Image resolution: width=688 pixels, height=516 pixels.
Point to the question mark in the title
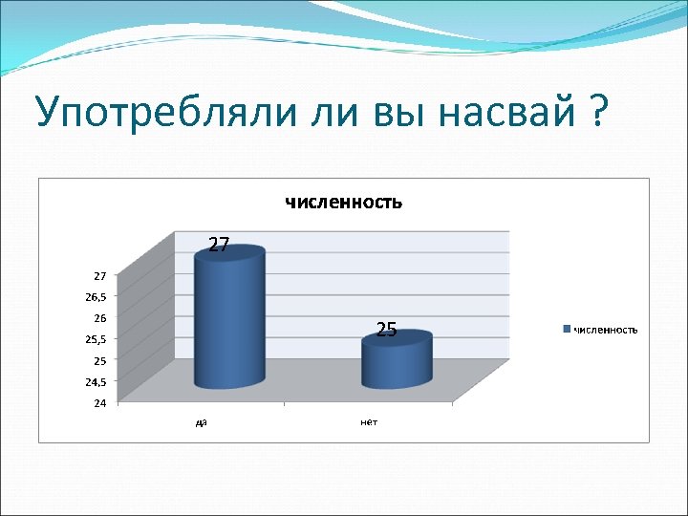point(598,112)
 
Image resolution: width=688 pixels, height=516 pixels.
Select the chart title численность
point(342,202)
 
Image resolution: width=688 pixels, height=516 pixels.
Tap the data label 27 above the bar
point(219,246)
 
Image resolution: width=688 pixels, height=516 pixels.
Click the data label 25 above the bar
point(386,331)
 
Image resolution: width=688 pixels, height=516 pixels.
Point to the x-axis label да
point(201,421)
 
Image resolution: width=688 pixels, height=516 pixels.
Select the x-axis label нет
point(368,421)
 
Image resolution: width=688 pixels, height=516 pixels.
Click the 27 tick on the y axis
point(100,275)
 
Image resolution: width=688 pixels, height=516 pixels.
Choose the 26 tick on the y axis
point(100,317)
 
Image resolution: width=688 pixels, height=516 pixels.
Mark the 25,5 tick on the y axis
point(97,339)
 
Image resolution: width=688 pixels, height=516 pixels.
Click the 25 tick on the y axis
point(100,360)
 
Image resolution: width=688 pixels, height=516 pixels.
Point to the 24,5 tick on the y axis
point(97,381)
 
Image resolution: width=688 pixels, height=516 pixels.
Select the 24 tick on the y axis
point(100,402)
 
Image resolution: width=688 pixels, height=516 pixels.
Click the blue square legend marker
point(568,330)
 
